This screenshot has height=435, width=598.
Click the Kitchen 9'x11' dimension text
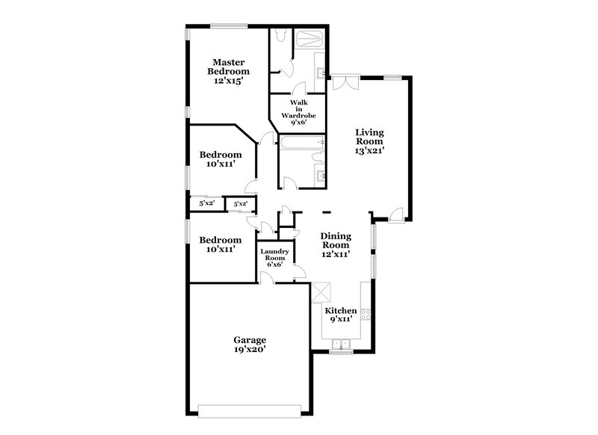tap(340, 320)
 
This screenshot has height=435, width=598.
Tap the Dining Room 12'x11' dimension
tap(336, 254)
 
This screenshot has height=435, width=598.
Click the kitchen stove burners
tap(366, 314)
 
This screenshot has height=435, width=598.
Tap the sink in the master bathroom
tap(321, 73)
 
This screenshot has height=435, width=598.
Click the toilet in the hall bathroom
tap(318, 155)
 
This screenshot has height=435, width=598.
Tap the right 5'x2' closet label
tap(241, 203)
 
